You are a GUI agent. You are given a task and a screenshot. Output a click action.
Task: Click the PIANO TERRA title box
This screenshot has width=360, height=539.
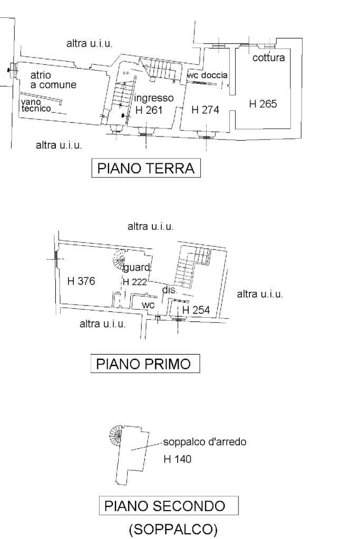click(146, 168)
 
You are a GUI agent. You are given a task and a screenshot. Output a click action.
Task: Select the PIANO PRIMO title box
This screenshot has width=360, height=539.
click(145, 364)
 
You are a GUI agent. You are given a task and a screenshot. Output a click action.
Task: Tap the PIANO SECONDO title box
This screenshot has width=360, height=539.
click(169, 506)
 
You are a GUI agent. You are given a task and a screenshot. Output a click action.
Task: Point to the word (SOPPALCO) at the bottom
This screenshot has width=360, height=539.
click(173, 530)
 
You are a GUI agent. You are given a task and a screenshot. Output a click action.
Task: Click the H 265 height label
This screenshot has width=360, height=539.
click(262, 104)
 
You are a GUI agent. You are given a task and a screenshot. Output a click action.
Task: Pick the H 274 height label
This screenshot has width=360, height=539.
click(205, 110)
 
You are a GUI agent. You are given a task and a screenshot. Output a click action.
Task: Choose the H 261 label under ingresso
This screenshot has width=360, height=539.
click(149, 110)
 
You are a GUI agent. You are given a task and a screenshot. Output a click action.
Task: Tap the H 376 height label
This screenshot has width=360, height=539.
click(81, 281)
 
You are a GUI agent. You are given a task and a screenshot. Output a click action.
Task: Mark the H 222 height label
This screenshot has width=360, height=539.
click(135, 282)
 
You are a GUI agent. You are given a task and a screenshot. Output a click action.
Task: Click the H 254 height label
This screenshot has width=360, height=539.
click(196, 310)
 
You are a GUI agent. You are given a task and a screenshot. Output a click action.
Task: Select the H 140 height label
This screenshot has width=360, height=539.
click(178, 459)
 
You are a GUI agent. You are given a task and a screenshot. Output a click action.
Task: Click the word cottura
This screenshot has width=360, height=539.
click(268, 57)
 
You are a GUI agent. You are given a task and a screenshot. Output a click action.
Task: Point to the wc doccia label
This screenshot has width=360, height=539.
click(207, 75)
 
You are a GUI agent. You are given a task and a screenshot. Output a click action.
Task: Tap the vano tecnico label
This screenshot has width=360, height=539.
click(36, 105)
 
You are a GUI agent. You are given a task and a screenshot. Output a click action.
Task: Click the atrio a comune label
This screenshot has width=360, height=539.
click(53, 80)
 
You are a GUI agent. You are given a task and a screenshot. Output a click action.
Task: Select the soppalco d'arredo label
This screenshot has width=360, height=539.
click(205, 442)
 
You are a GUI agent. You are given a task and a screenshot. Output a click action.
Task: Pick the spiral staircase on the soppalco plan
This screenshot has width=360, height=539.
click(116, 435)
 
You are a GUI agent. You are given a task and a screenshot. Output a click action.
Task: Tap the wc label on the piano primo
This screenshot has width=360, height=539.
click(148, 305)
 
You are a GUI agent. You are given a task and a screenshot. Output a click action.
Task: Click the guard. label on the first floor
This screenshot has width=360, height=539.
click(138, 268)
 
